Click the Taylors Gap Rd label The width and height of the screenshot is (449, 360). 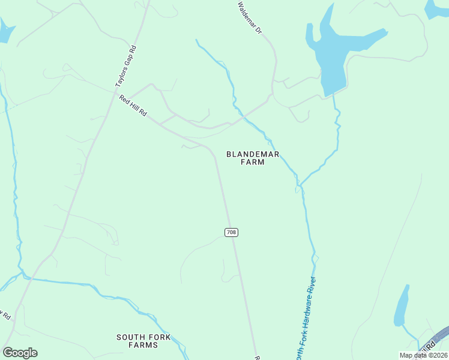[x=126, y=67]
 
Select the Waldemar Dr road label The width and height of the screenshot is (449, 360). [x=249, y=16]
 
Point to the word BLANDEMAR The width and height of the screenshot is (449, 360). [x=253, y=154]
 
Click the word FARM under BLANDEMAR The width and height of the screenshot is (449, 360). [x=253, y=162]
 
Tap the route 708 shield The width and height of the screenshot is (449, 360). [x=231, y=232]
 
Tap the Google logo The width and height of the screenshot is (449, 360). [x=20, y=353]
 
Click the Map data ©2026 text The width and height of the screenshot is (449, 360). [x=423, y=355]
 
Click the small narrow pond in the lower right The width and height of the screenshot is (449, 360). [x=402, y=306]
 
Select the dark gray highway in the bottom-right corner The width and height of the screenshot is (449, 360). [x=437, y=340]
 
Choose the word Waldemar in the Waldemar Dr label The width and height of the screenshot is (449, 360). [x=247, y=14]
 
